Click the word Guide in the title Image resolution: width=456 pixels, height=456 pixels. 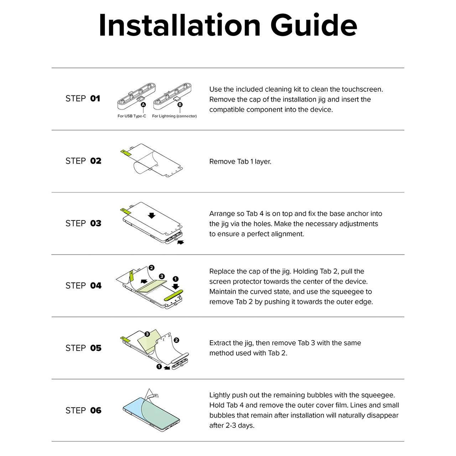(x=313, y=25)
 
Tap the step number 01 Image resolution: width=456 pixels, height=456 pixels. (x=95, y=98)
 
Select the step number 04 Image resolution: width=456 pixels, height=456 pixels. (x=96, y=286)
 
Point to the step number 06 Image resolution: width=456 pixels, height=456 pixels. (x=96, y=410)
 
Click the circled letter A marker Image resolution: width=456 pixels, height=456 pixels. (x=143, y=105)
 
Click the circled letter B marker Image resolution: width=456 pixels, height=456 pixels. (x=180, y=105)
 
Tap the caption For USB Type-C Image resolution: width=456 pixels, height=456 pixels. (x=132, y=116)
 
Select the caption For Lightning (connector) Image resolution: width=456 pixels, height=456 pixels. (x=175, y=116)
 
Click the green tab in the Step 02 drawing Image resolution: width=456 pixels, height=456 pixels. (x=126, y=152)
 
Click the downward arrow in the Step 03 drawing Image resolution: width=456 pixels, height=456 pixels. (x=151, y=215)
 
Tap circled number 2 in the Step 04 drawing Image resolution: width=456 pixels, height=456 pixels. (x=152, y=268)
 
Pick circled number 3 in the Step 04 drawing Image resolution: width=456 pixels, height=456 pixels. (x=162, y=276)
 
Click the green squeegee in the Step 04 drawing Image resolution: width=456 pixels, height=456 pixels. (x=173, y=295)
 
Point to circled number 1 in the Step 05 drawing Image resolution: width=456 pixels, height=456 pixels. (x=159, y=367)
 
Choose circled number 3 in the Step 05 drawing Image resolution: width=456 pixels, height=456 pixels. (x=147, y=334)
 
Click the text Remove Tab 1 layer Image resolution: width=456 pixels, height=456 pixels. (x=240, y=162)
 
